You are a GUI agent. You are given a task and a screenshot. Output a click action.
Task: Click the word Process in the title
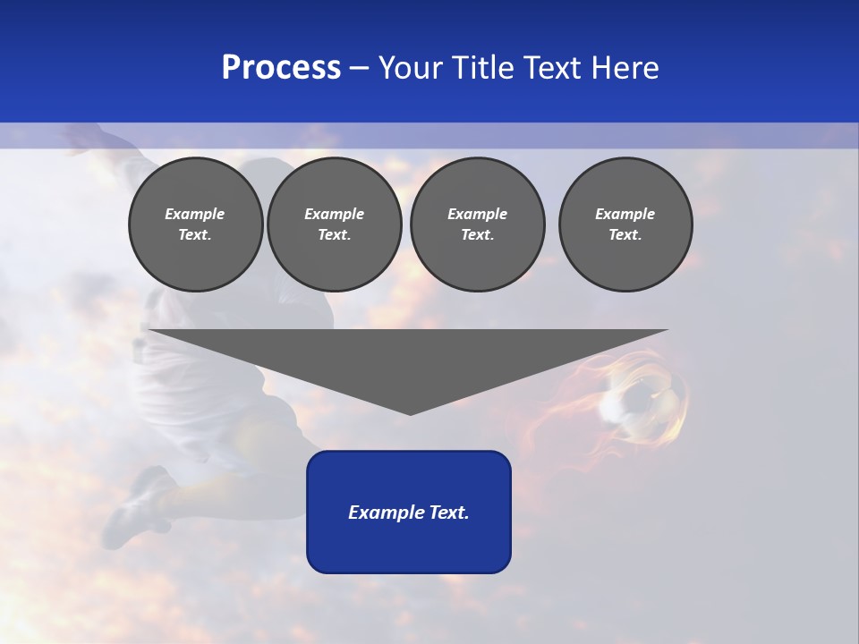[281, 68]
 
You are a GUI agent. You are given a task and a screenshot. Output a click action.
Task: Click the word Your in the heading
[411, 68]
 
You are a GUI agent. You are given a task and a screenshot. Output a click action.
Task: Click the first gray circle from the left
[195, 225]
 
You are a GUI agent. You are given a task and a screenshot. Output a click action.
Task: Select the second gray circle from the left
[334, 225]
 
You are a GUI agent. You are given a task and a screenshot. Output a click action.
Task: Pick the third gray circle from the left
[477, 225]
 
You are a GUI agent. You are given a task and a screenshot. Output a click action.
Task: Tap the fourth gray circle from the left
[625, 225]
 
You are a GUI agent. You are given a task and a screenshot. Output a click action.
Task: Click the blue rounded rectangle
[409, 546]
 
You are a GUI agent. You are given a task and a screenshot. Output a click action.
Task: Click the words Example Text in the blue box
[409, 513]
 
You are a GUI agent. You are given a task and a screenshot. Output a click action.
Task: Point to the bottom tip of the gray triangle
[410, 414]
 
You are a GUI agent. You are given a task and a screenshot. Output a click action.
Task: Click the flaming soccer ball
[642, 401]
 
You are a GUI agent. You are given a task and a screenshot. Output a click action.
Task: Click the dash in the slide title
[360, 69]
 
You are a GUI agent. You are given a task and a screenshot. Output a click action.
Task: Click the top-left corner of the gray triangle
[150, 331]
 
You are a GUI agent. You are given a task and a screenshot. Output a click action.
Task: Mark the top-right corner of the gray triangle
[667, 331]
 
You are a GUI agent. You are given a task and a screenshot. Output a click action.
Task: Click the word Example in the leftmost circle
[195, 214]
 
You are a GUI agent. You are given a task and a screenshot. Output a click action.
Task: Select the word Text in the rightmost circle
[625, 235]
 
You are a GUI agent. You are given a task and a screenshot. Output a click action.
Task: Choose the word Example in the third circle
[477, 214]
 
